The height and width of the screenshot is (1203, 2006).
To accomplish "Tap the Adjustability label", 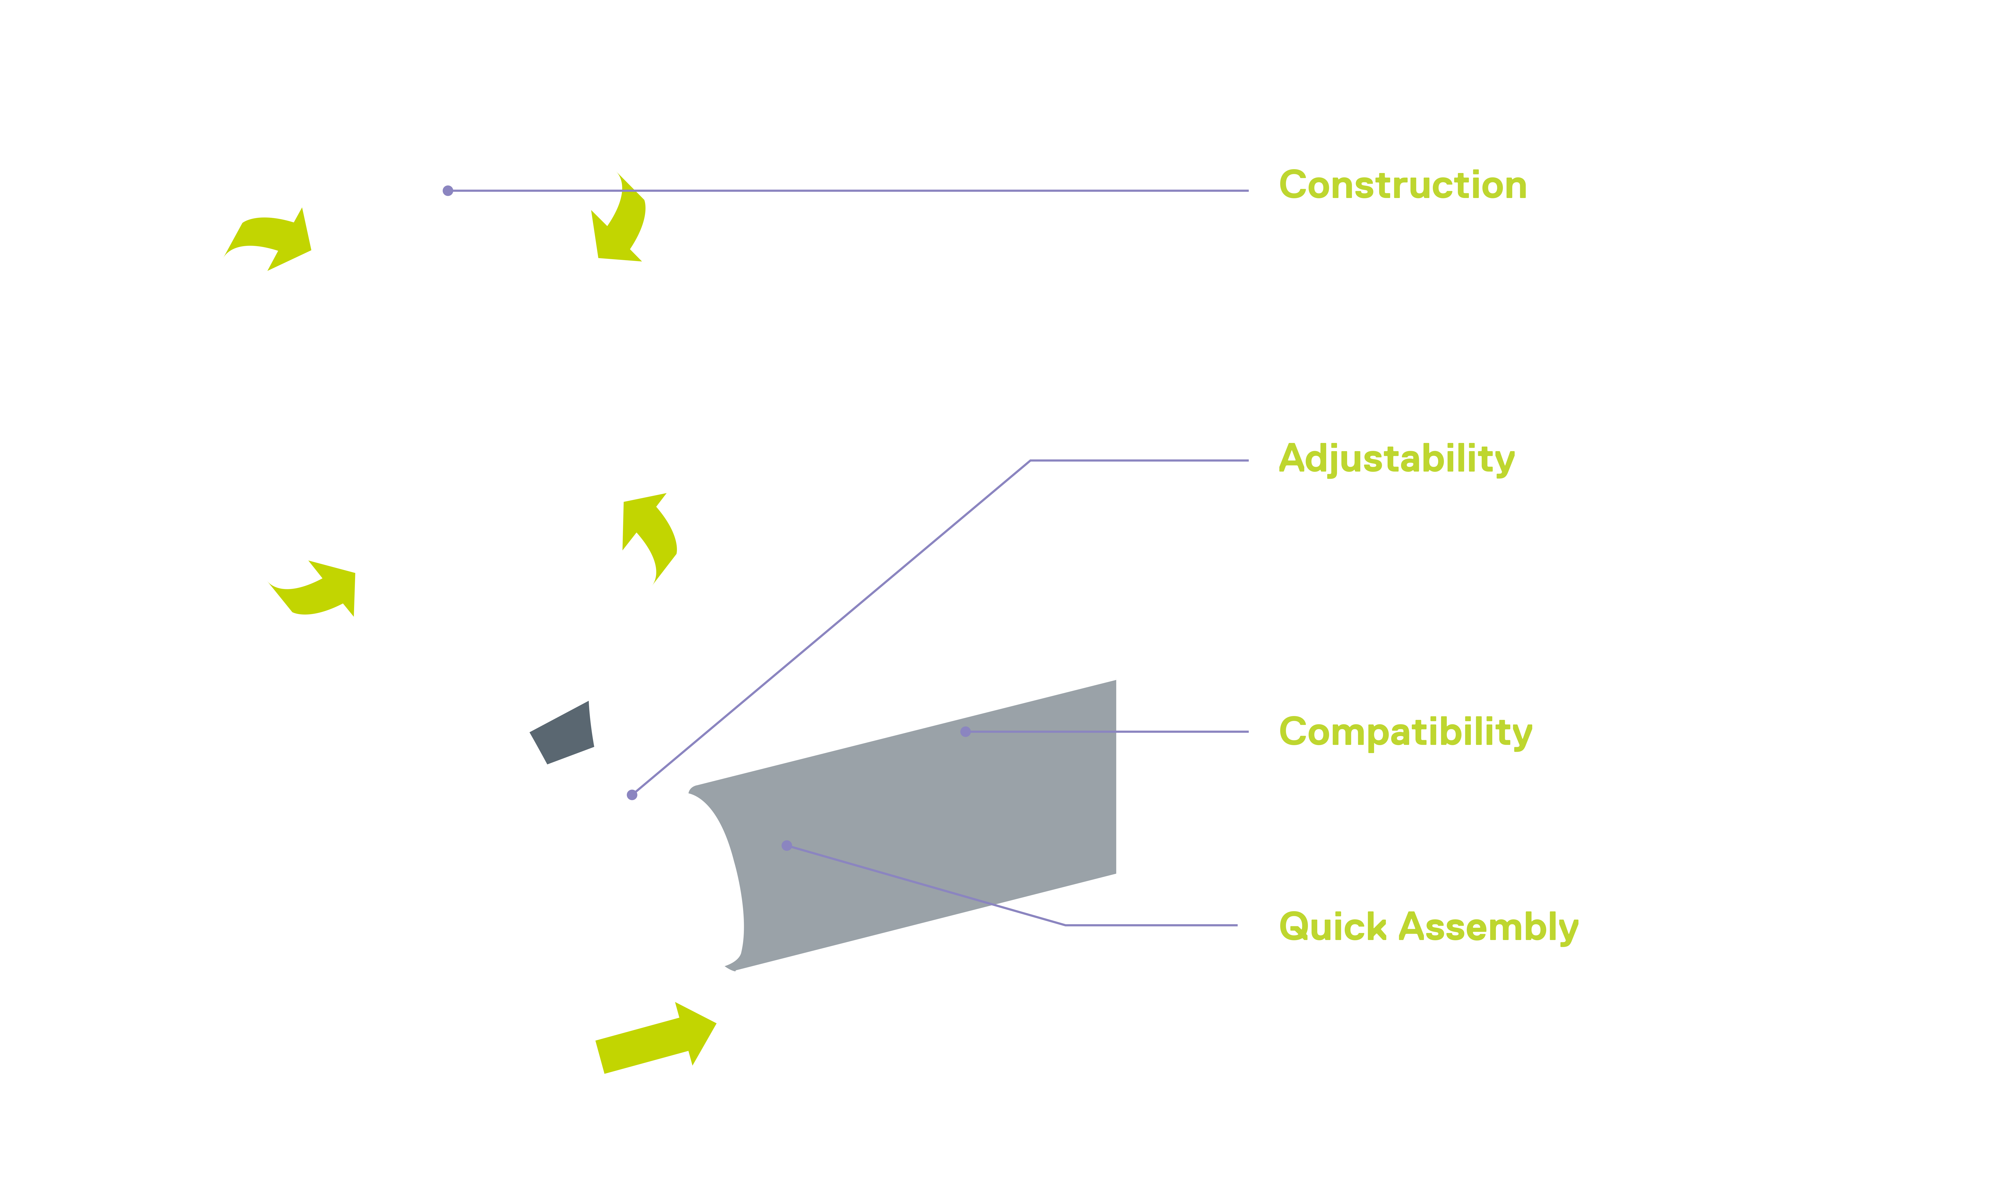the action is pyautogui.click(x=1396, y=460).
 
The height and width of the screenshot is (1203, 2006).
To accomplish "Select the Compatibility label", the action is pyautogui.click(x=1405, y=733).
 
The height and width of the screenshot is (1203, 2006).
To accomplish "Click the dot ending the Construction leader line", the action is pyautogui.click(x=448, y=191).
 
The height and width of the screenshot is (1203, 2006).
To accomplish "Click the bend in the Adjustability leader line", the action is pyautogui.click(x=1030, y=461).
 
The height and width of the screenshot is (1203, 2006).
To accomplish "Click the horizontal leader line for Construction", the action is pyautogui.click(x=848, y=191).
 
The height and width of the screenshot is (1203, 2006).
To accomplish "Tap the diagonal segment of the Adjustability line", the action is pyautogui.click(x=831, y=627).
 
